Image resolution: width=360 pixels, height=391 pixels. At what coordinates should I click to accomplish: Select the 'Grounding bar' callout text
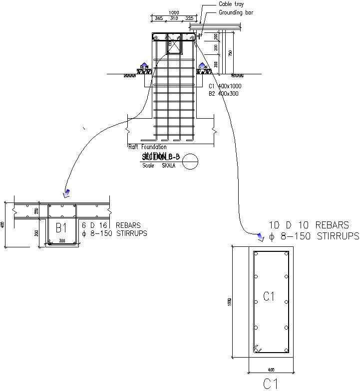[x=236, y=13]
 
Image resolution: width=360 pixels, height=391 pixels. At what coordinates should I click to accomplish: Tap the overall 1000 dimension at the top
[x=174, y=12]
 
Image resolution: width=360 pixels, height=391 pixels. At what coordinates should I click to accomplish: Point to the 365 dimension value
[x=158, y=18]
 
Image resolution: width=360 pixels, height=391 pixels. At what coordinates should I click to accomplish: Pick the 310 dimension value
[x=174, y=18]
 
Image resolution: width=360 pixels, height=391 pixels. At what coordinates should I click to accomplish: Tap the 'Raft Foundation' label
[x=147, y=147]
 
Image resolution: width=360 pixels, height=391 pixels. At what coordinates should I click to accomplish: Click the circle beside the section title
[x=190, y=162]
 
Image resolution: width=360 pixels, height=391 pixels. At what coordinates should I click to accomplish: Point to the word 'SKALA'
[x=169, y=166]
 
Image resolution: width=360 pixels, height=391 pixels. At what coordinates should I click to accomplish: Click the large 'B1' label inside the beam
[x=61, y=228]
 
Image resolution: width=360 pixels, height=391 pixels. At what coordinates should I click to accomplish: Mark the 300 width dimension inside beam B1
[x=62, y=241]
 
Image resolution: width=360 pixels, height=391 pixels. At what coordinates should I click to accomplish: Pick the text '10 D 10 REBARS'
[x=309, y=225]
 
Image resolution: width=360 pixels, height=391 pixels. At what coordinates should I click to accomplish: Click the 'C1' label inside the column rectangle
[x=269, y=297]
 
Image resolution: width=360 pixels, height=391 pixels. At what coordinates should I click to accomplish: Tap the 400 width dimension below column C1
[x=270, y=370]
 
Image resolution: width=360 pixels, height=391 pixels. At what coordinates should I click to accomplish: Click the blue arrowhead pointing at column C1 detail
[x=259, y=236]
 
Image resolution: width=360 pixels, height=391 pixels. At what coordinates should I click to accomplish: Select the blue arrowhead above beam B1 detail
[x=66, y=193]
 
